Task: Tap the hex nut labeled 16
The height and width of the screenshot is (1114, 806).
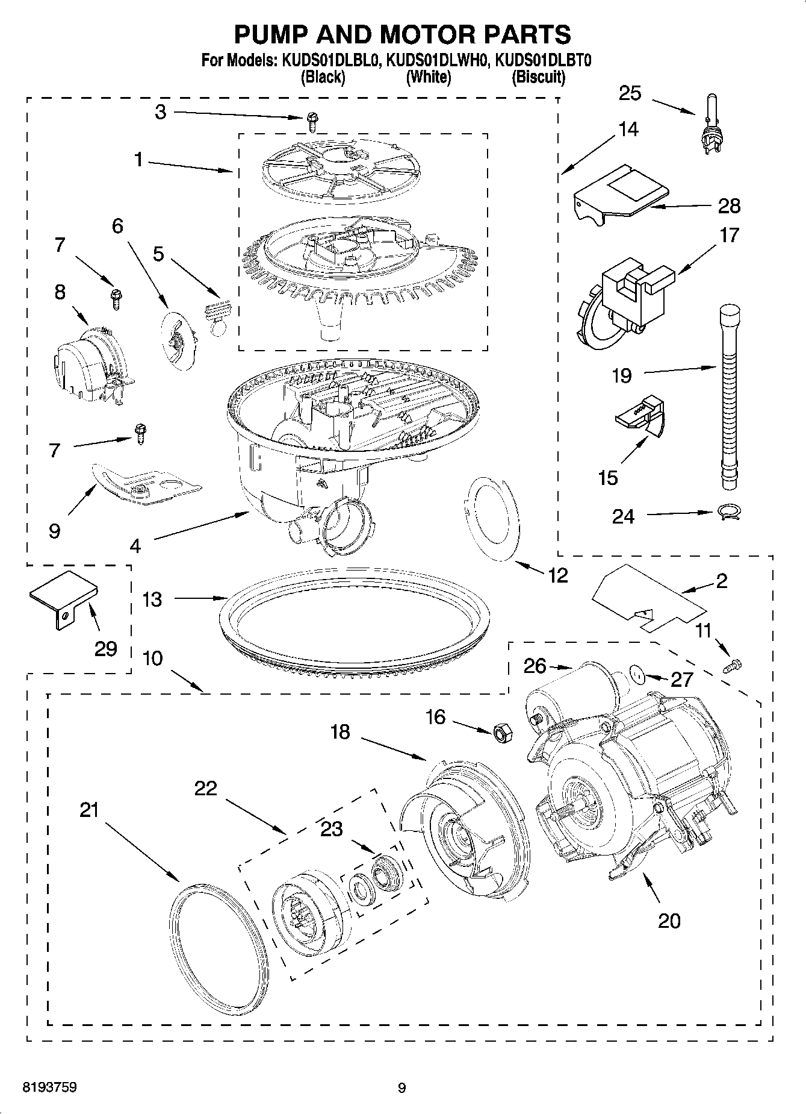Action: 500,731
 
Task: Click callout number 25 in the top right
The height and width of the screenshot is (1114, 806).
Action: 630,93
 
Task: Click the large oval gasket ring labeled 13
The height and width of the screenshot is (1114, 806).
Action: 355,621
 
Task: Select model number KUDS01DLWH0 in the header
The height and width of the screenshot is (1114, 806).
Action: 437,61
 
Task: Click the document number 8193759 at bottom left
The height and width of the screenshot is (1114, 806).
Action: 49,1087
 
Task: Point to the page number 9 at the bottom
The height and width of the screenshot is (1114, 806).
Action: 402,1088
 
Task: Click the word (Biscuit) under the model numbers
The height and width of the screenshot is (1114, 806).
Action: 538,77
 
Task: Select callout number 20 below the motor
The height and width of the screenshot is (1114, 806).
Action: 669,921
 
